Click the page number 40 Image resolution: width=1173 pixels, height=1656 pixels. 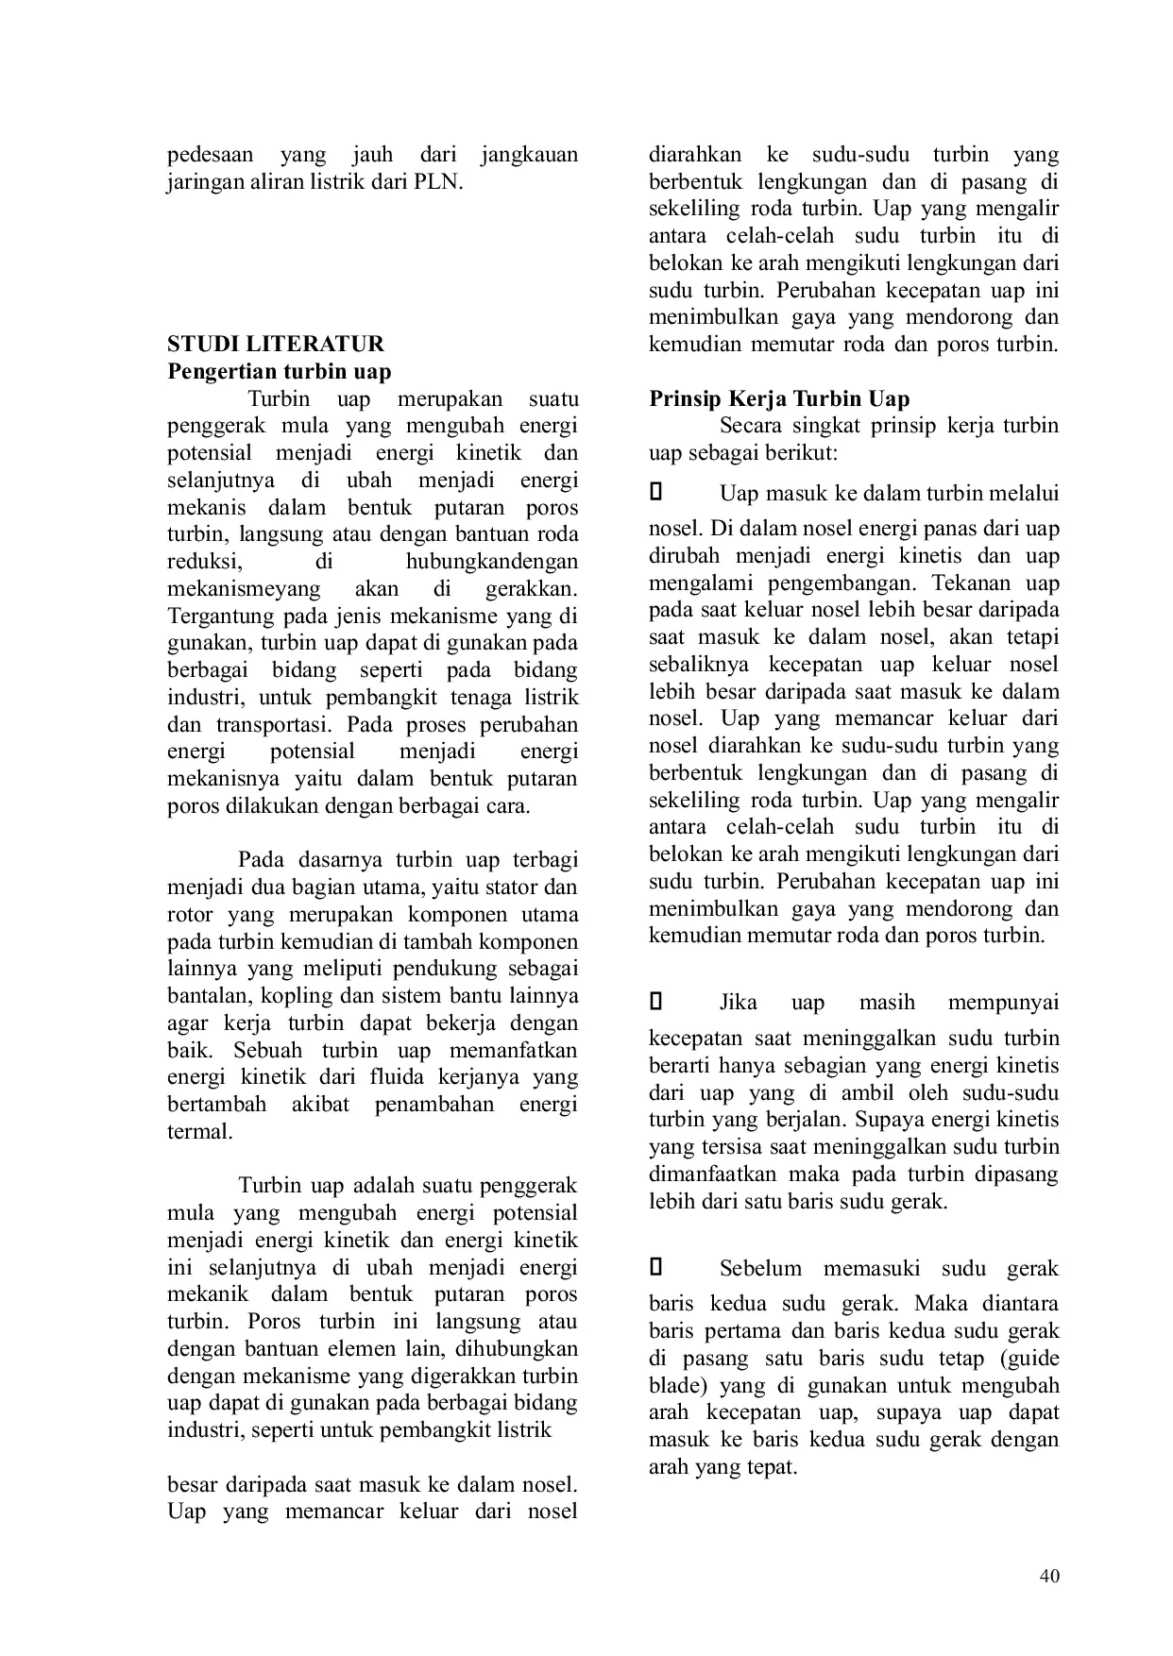pyautogui.click(x=1048, y=1575)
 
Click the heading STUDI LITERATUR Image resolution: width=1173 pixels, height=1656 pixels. pyautogui.click(x=276, y=344)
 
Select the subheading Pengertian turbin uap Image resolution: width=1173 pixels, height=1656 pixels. pyautogui.click(x=279, y=371)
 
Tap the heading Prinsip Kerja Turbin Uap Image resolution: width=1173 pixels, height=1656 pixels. pyautogui.click(x=779, y=398)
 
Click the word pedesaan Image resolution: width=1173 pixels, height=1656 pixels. pyautogui.click(x=212, y=154)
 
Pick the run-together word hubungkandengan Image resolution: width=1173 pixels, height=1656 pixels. pyautogui.click(x=491, y=561)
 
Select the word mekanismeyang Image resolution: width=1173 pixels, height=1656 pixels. pyautogui.click(x=244, y=588)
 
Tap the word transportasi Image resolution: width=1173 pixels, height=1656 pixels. pyautogui.click(x=275, y=724)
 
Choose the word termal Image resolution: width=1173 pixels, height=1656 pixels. pyautogui.click(x=199, y=1131)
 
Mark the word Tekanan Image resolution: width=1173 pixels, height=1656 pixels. pyautogui.click(x=967, y=583)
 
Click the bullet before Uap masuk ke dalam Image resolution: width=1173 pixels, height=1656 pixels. pyautogui.click(x=657, y=492)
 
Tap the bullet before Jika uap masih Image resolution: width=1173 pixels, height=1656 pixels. pyautogui.click(x=657, y=1002)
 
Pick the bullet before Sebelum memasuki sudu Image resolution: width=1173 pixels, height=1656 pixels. pyautogui.click(x=657, y=1267)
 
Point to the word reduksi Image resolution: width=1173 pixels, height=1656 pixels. pyautogui.click(x=204, y=561)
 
